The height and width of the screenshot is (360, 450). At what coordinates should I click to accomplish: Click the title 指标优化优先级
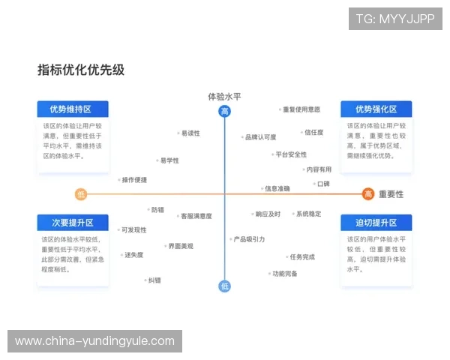click(81, 70)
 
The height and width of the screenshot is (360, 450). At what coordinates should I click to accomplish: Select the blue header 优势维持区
click(73, 109)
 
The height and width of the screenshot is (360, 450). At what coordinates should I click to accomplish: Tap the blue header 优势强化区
click(376, 109)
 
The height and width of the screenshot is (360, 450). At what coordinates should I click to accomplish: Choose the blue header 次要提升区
click(73, 223)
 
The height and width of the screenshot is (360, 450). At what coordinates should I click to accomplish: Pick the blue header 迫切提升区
click(376, 223)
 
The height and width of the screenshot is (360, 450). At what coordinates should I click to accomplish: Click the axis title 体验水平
click(224, 97)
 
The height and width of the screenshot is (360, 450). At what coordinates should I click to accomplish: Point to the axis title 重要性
click(391, 194)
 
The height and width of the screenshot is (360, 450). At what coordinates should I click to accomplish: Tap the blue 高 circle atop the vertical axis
click(224, 112)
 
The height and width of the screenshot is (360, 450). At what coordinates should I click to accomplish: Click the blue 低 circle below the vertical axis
click(224, 286)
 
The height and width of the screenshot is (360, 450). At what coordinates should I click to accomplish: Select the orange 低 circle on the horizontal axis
click(81, 194)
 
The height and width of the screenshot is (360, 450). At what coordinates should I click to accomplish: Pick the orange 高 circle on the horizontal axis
click(368, 194)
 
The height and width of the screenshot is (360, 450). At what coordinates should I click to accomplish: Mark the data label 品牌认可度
click(260, 137)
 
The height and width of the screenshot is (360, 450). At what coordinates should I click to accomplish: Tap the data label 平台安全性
click(290, 154)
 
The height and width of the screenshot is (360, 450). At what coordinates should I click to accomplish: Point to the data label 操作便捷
click(134, 180)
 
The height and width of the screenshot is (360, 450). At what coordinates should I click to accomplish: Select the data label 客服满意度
click(195, 216)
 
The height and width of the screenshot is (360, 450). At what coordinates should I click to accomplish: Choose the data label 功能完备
click(284, 274)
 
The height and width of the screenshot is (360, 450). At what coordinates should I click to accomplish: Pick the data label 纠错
click(154, 280)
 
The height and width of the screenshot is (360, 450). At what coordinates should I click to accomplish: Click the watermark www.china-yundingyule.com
click(94, 341)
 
